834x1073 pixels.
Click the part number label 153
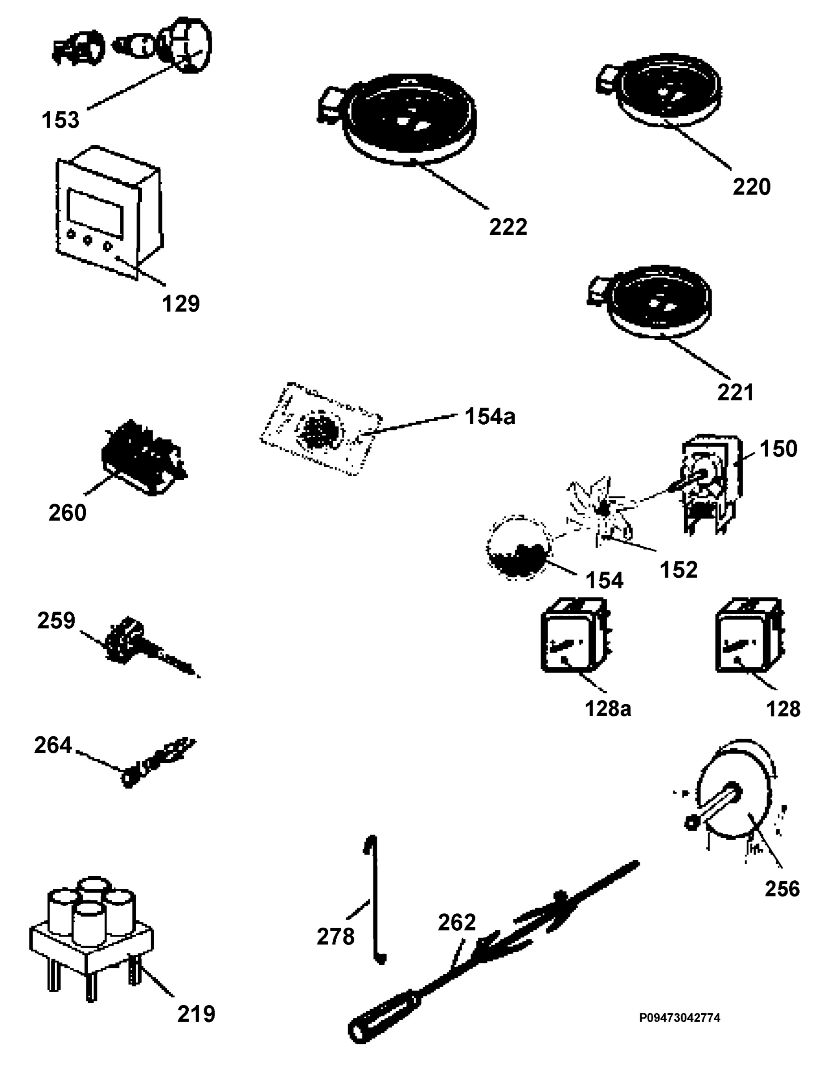[60, 120]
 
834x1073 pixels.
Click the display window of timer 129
[95, 212]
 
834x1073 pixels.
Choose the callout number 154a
[490, 417]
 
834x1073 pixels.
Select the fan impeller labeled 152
[601, 511]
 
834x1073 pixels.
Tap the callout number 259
[56, 621]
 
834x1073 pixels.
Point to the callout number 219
[196, 1014]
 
